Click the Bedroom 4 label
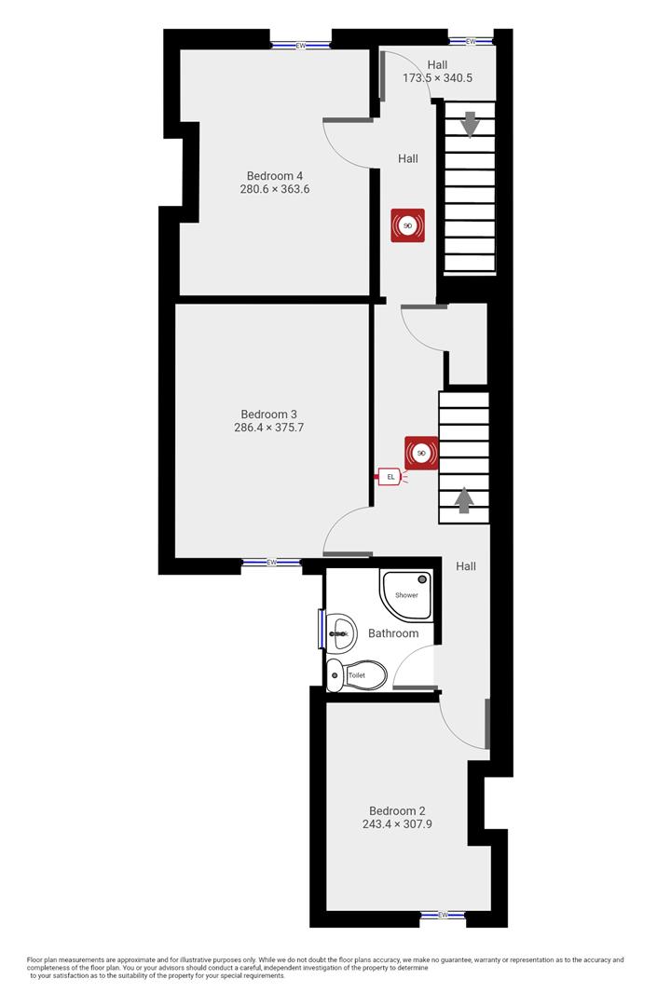[274, 175]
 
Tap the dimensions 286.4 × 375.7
[268, 428]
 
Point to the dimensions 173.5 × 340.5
[437, 78]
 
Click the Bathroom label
[392, 633]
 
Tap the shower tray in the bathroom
[406, 595]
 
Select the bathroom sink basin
[339, 633]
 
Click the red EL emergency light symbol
[390, 477]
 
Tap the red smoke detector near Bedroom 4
[407, 225]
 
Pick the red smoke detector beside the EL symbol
[421, 454]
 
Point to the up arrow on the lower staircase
[464, 501]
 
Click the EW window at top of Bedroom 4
[300, 45]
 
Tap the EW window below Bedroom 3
[271, 562]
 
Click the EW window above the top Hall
[470, 41]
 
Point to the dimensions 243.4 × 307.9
[397, 824]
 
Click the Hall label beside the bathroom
[466, 566]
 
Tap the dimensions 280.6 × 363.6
[274, 189]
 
